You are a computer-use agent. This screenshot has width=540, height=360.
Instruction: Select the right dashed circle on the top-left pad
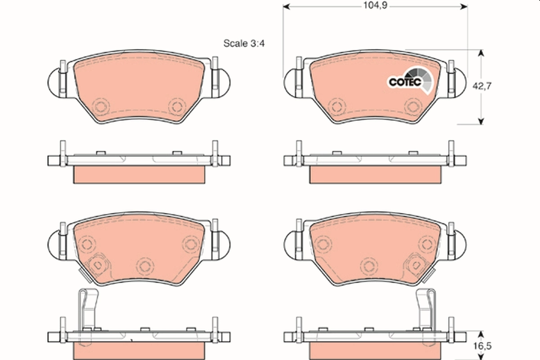[x=176, y=107]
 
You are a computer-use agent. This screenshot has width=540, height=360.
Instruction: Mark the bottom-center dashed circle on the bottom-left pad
[x=144, y=265]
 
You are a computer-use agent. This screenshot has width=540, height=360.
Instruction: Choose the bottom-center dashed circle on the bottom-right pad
[x=369, y=265]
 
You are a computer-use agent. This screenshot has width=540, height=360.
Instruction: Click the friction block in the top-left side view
[x=139, y=174]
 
